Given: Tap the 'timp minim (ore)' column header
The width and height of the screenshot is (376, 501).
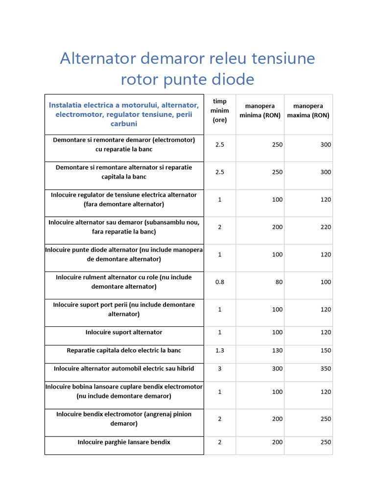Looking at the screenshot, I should (x=220, y=111).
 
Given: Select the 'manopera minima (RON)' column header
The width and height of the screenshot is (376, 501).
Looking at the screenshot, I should (x=260, y=111).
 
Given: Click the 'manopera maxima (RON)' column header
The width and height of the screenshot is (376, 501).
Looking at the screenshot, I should (x=308, y=111).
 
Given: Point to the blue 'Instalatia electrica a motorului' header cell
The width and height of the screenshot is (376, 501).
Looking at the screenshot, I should (x=124, y=114).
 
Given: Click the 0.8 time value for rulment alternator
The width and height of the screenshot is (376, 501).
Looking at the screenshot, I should (x=220, y=282).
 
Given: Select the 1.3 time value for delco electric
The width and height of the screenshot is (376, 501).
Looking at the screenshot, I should (x=220, y=350).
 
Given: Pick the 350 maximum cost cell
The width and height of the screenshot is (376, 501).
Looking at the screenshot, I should (x=326, y=368).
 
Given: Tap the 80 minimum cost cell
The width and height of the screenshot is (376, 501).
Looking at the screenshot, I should (x=279, y=282).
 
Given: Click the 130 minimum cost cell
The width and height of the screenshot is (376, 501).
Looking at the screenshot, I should (x=277, y=350).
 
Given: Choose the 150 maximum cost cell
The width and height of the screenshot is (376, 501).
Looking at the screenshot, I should (x=326, y=350).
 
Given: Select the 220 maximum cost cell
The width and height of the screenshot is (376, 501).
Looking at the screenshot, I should (x=326, y=227).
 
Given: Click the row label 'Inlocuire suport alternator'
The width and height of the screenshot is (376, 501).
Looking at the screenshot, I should (x=124, y=332).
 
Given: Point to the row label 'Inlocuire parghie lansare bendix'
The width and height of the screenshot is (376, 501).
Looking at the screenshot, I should (x=124, y=442).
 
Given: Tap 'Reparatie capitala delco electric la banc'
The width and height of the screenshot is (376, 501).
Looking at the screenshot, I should (x=124, y=350).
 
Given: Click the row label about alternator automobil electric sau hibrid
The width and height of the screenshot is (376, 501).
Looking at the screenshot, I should (x=124, y=368).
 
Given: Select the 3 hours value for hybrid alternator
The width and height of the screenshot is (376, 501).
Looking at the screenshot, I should (x=220, y=368).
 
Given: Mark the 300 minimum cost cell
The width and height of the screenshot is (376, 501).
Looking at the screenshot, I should (x=277, y=368).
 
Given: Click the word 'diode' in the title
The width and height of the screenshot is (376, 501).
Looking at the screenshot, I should (x=237, y=79).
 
